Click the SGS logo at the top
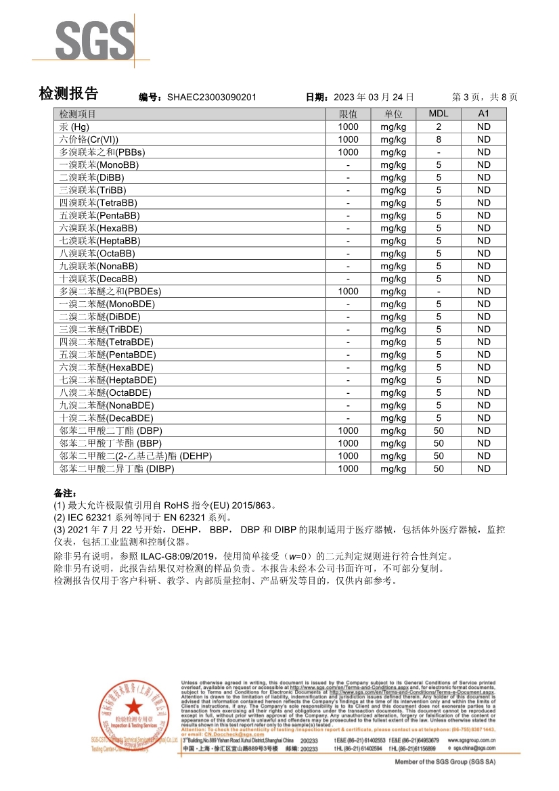coord(95,41)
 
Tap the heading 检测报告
coord(69,95)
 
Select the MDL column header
coord(439,114)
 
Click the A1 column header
coord(483,114)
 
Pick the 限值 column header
coord(348,114)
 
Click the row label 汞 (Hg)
coord(74,127)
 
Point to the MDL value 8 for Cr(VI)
coord(439,139)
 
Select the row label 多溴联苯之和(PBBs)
coord(102,152)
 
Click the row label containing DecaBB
coord(98,279)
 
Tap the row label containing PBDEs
coord(110,292)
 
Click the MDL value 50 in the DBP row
coord(439,431)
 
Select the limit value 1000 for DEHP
coord(348,456)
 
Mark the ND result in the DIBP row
coord(483,469)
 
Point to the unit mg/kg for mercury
coord(393,127)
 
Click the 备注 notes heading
coord(66,493)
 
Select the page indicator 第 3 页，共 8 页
coord(485,97)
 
